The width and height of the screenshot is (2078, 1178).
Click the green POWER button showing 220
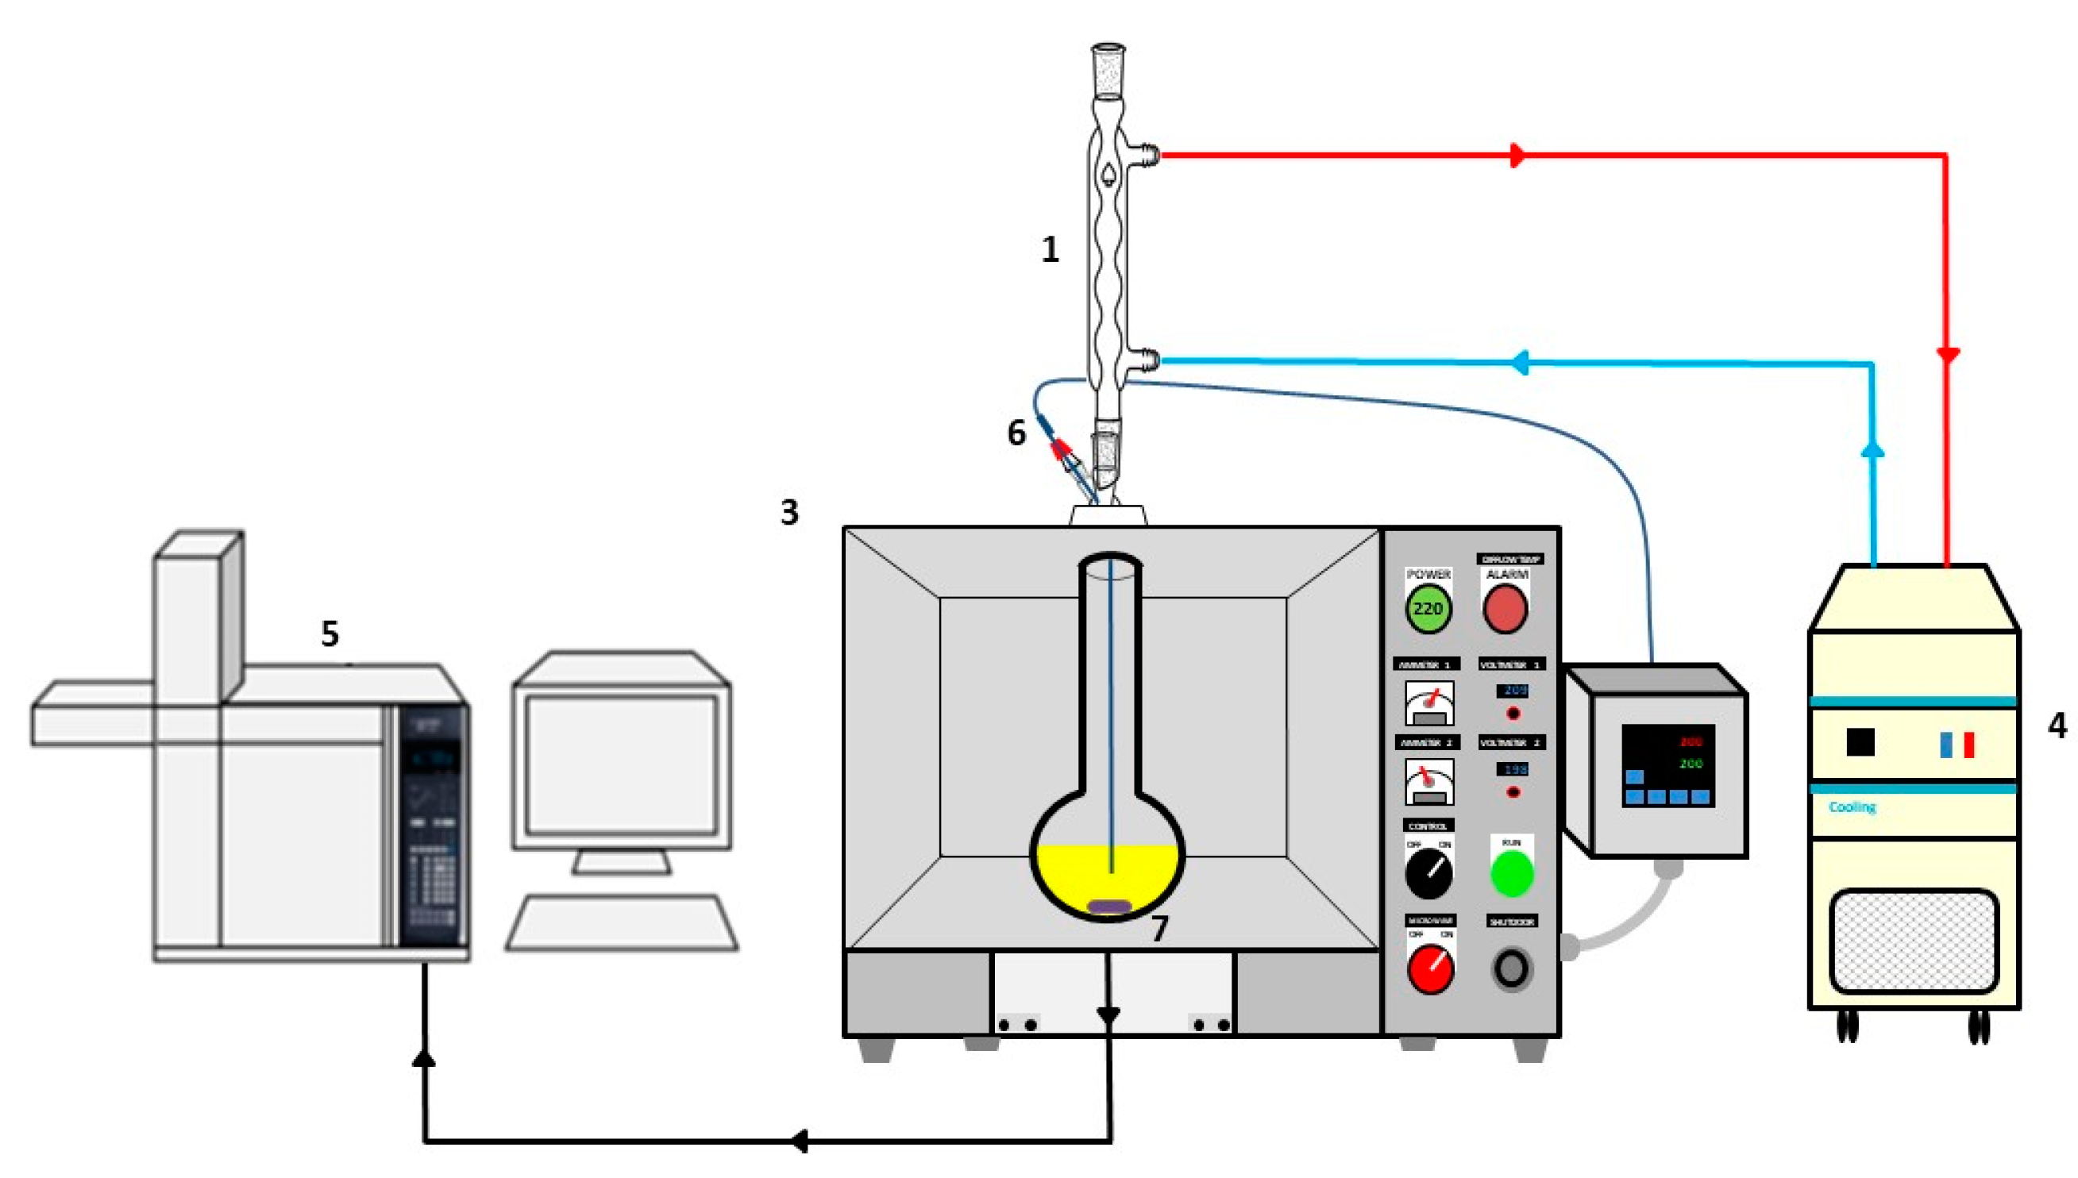click(x=1428, y=608)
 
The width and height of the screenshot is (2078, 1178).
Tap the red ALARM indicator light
click(x=1505, y=609)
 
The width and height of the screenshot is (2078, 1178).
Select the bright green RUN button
click(x=1512, y=873)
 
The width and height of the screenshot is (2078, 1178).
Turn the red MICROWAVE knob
click(x=1430, y=968)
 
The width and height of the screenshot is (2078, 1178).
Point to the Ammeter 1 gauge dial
click(x=1429, y=703)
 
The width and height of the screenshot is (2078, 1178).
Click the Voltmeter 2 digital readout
click(x=1511, y=768)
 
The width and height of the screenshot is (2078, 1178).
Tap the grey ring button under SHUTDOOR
click(x=1511, y=968)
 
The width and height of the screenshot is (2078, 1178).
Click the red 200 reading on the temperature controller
click(x=1691, y=741)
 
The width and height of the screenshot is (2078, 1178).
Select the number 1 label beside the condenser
click(x=1050, y=249)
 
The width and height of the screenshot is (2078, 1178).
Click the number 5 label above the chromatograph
click(x=330, y=633)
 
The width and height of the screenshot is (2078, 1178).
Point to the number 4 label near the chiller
click(x=2056, y=725)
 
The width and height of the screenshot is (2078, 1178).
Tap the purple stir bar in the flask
click(x=1109, y=907)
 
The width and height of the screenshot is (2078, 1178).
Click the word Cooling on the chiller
click(x=1852, y=807)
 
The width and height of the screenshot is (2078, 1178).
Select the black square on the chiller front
click(x=1860, y=742)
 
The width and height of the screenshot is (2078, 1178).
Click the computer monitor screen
click(x=621, y=764)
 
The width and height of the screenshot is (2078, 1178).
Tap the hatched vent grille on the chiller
click(x=1913, y=941)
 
